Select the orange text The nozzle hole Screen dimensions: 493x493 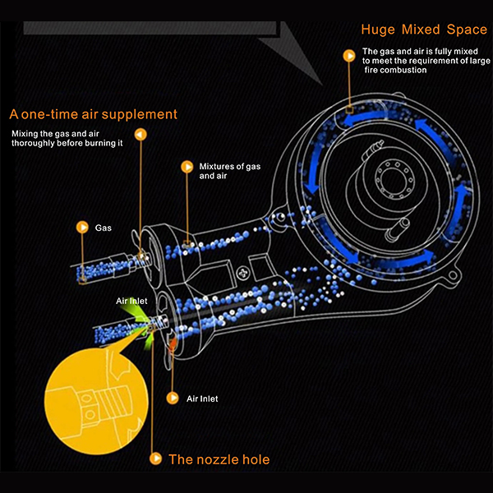(x=219, y=459)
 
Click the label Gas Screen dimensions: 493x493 (x=104, y=226)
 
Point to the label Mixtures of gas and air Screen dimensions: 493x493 (x=229, y=171)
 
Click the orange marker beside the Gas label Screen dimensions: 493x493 (x=81, y=226)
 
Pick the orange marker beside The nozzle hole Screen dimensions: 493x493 (x=155, y=458)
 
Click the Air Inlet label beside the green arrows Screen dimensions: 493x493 (x=131, y=302)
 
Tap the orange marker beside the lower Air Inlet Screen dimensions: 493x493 (x=172, y=398)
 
